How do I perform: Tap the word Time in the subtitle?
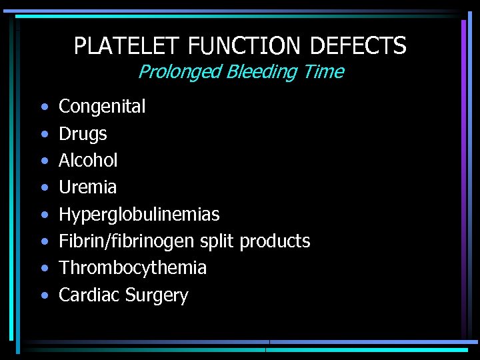tap(321, 71)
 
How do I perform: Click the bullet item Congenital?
tap(102, 107)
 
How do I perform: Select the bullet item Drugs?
tap(83, 134)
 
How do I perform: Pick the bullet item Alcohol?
tap(88, 160)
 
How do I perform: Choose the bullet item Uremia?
tap(87, 187)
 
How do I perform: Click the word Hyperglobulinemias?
tap(139, 215)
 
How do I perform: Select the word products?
tap(275, 241)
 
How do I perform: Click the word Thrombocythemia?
tap(133, 268)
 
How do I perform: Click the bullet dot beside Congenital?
tap(43, 107)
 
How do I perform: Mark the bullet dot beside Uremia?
tap(43, 187)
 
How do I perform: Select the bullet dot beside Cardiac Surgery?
tap(43, 295)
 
